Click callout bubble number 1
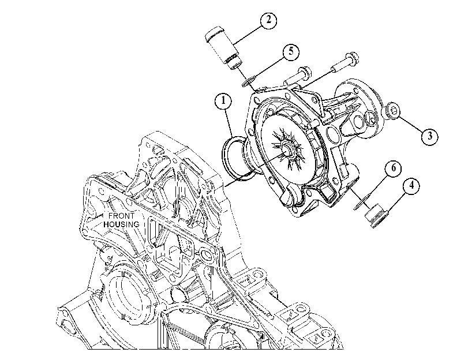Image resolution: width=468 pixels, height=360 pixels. (x=223, y=101)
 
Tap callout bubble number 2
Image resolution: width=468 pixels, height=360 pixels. (x=268, y=20)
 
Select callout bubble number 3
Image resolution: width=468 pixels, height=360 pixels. (x=430, y=136)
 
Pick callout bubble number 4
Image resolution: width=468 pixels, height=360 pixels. (x=411, y=186)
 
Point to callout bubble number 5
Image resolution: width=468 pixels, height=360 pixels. (x=290, y=52)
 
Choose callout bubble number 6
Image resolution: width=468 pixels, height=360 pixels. (x=394, y=168)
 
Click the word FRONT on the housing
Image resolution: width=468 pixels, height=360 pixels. (x=121, y=216)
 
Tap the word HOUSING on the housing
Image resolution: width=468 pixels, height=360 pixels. (x=121, y=224)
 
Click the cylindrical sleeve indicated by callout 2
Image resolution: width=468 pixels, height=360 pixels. (x=223, y=48)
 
